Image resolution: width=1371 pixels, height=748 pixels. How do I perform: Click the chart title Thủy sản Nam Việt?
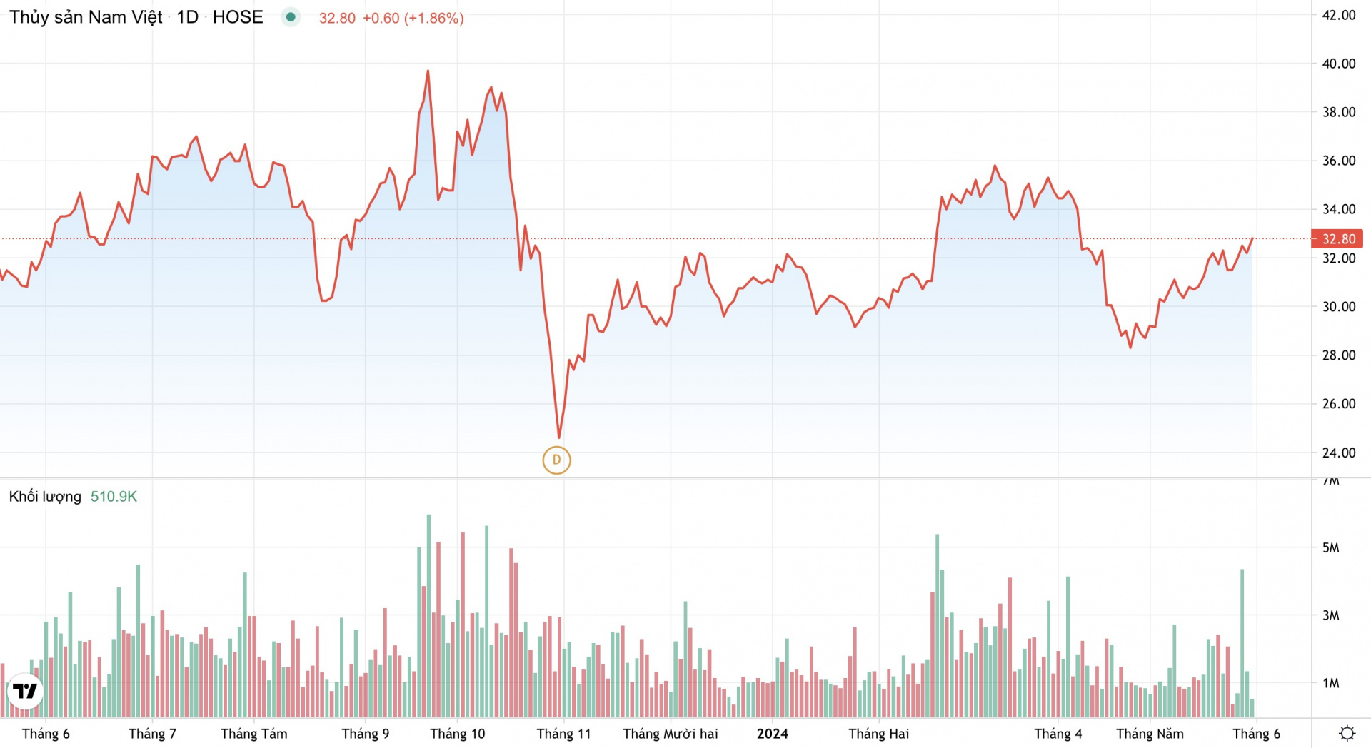[86, 17]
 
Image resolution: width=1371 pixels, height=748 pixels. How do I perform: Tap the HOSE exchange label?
[238, 17]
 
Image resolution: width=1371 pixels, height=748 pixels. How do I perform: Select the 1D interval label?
[187, 17]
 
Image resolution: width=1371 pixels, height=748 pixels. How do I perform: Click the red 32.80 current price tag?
[1337, 238]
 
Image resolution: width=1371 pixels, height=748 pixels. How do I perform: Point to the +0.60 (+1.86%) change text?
[413, 18]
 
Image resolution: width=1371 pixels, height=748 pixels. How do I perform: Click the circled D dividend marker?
[556, 460]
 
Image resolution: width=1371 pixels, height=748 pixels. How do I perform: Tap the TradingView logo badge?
[25, 691]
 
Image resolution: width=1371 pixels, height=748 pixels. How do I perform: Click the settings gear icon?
[1347, 734]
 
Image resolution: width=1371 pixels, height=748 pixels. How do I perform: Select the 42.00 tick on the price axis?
[1338, 15]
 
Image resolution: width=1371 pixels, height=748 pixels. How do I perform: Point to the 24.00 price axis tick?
[1338, 453]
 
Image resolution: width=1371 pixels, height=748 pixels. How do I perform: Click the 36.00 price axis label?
[1338, 161]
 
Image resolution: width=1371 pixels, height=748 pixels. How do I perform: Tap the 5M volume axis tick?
[1330, 547]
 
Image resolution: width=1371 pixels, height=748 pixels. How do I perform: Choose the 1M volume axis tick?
[1330, 683]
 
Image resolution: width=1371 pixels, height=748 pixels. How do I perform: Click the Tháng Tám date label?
[253, 734]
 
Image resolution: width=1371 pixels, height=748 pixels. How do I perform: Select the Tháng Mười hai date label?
[670, 734]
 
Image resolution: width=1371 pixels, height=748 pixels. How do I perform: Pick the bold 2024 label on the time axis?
[772, 734]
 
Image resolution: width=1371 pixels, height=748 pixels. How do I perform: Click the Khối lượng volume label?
[45, 497]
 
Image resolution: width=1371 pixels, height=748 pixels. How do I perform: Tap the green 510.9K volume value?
[114, 497]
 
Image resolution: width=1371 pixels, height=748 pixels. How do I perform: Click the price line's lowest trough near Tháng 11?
[559, 437]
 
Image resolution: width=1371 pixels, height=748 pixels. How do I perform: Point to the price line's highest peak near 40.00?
[428, 71]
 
